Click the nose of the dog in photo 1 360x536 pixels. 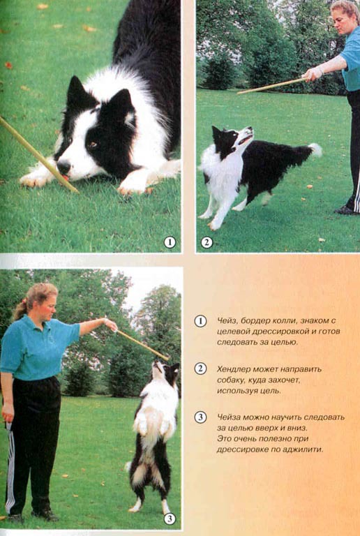click(x=64, y=167)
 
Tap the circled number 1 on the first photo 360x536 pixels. click(x=170, y=242)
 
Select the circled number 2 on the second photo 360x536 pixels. click(x=207, y=242)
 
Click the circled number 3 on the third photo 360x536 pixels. click(x=170, y=519)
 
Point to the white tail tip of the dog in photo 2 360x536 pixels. click(x=315, y=150)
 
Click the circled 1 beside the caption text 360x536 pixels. click(x=200, y=321)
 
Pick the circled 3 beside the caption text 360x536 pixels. click(x=200, y=417)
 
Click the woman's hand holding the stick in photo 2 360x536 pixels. click(x=313, y=74)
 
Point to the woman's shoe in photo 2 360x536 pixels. click(x=345, y=209)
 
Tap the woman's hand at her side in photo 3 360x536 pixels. click(x=8, y=415)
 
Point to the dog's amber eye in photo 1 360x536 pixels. click(x=92, y=144)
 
